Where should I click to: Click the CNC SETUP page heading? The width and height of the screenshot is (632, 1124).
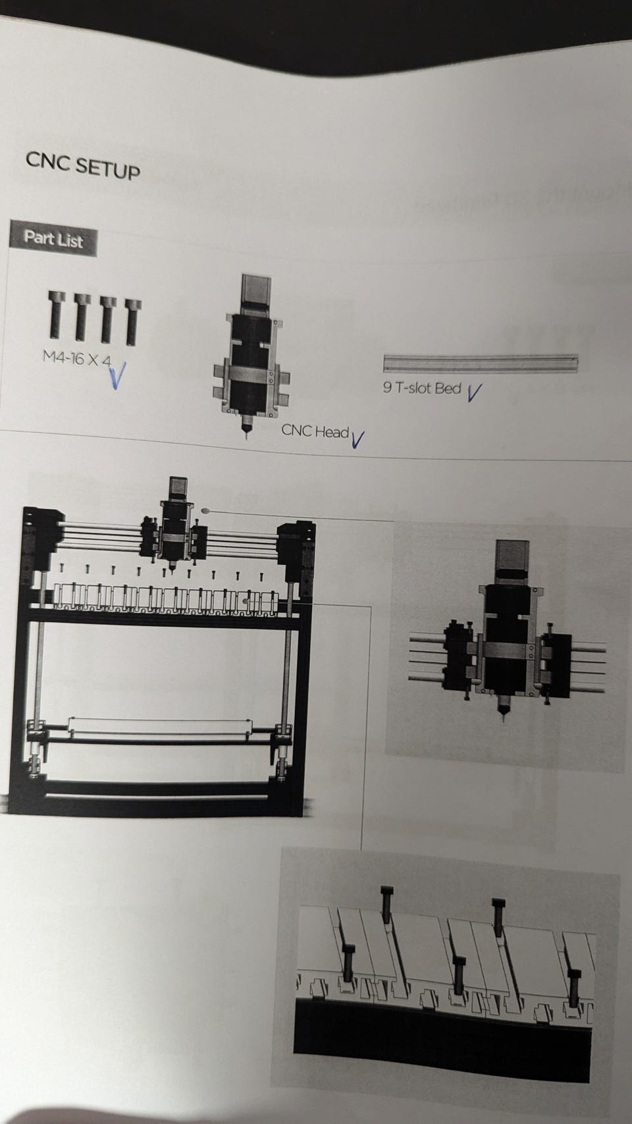pos(83,165)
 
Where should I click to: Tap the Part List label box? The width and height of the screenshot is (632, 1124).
pos(53,239)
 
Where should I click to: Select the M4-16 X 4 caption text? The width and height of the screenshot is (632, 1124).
pos(77,358)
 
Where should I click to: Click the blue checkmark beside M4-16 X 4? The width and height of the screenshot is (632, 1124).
pos(117,375)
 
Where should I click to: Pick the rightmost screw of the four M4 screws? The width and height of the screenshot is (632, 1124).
pos(133,323)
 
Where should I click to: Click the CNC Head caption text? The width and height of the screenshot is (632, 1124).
pos(315,431)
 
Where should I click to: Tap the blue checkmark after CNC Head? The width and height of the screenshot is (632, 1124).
pos(357,439)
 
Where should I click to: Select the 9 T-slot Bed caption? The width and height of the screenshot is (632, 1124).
pos(422,388)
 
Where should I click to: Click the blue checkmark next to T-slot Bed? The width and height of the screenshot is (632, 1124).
pos(473,392)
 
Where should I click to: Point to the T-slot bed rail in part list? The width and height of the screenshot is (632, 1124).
pos(481,363)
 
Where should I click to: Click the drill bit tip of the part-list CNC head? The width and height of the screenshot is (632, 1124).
pos(246,437)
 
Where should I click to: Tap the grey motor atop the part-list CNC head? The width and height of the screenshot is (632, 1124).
pos(256,294)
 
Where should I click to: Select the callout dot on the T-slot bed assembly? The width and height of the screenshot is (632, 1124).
pos(246,601)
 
